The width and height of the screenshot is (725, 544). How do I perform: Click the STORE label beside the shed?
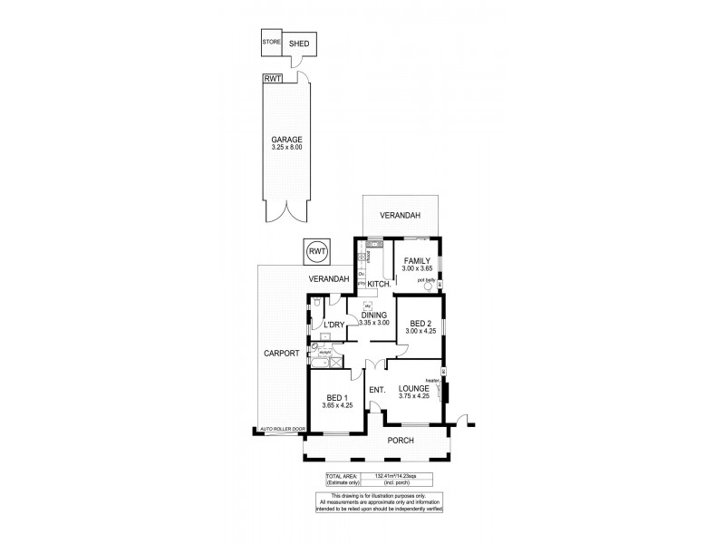(271, 43)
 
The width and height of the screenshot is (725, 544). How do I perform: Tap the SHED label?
(298, 44)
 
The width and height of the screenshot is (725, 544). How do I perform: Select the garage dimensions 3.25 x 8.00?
(285, 147)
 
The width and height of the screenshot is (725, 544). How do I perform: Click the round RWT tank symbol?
(316, 251)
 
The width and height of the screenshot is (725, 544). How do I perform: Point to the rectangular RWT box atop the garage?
(272, 79)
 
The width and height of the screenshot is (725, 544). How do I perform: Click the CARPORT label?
(281, 353)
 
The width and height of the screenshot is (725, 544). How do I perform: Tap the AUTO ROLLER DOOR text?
(283, 428)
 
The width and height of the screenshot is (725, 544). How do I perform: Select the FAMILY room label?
(417, 261)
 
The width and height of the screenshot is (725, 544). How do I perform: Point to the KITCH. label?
(379, 284)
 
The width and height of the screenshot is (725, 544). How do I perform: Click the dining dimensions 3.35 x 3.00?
(373, 323)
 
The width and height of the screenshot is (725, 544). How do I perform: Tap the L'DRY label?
(333, 324)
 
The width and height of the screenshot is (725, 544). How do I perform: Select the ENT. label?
(377, 391)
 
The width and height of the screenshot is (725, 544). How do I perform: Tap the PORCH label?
(400, 441)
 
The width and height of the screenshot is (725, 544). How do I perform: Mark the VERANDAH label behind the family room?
(400, 219)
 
